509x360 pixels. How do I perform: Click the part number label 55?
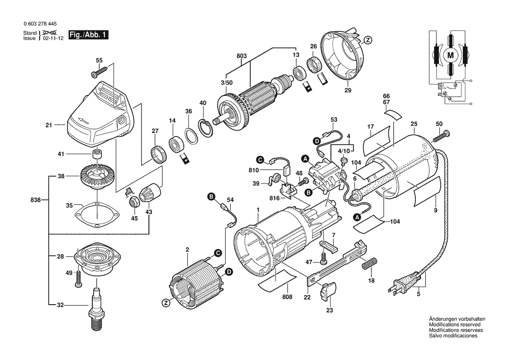(x=99, y=60)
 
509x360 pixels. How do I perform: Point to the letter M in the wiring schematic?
(x=451, y=55)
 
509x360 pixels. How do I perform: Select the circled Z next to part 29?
(x=367, y=40)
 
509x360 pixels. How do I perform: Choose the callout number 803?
(x=242, y=56)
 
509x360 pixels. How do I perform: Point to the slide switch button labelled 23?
(x=330, y=291)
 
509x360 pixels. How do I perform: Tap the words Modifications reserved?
(x=455, y=325)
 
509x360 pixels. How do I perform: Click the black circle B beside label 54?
(x=212, y=198)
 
